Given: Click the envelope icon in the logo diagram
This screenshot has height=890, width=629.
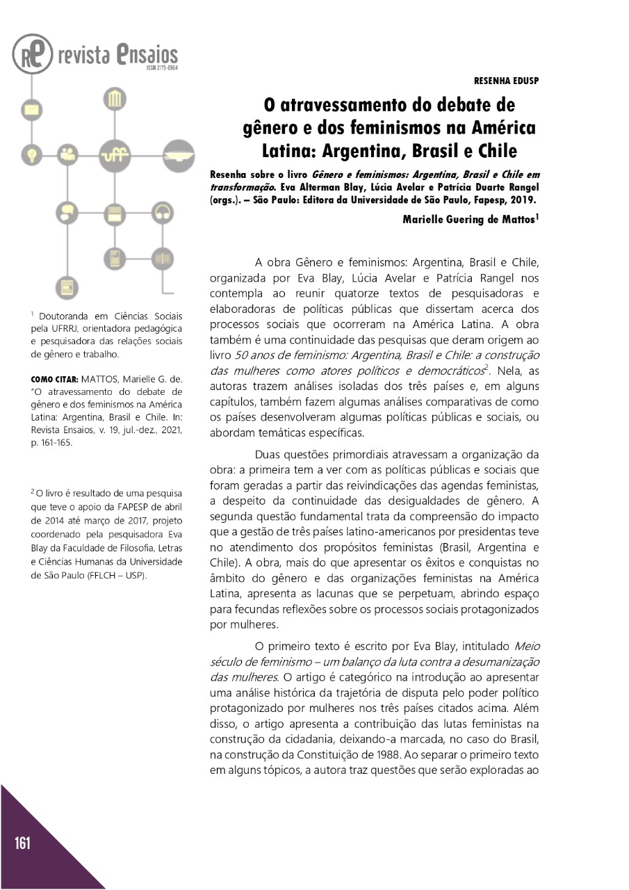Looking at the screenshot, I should click(x=31, y=109).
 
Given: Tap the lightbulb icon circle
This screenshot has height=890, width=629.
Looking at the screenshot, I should click(x=31, y=152).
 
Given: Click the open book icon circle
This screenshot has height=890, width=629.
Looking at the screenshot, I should click(x=163, y=259).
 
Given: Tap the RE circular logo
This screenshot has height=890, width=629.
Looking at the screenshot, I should click(x=32, y=54).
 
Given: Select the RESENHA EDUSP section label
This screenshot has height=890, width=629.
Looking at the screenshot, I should click(x=506, y=81).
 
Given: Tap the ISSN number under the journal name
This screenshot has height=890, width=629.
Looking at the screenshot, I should click(x=162, y=69).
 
